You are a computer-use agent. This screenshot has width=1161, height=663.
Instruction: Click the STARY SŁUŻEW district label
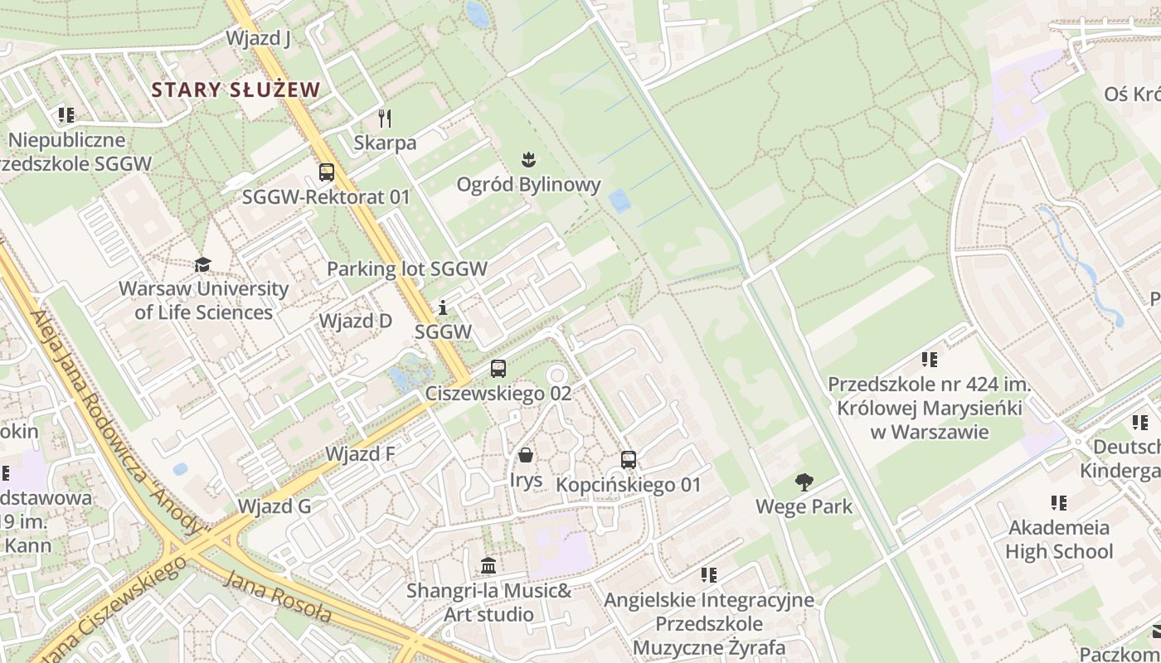236,90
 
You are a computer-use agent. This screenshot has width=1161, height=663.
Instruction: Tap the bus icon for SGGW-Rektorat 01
327,172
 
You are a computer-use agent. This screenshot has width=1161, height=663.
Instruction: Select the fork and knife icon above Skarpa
384,118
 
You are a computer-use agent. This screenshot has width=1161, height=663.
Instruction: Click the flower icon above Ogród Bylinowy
527,159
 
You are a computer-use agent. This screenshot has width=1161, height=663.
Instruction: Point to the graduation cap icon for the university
202,264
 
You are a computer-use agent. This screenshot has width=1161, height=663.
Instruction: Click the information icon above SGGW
443,308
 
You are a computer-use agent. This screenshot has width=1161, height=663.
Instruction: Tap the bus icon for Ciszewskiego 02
498,369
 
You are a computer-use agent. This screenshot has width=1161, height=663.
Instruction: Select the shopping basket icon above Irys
526,455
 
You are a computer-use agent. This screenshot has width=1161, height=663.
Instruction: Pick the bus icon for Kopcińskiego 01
629,460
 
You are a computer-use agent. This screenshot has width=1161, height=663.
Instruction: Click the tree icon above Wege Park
804,482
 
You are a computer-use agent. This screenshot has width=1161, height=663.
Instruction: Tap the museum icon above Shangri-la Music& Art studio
488,566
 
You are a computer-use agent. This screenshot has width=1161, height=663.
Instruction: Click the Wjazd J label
258,38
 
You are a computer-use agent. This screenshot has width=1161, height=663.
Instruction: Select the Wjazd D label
355,321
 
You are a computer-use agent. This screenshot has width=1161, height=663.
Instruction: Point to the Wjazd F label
360,454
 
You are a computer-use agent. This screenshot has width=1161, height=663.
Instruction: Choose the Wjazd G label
274,506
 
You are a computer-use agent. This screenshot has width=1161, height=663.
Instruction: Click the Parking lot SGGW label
406,269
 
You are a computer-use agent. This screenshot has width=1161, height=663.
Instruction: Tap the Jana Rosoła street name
278,598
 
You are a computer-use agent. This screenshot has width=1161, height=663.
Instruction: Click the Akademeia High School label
1058,540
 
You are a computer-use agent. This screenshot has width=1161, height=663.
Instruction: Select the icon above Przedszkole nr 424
929,360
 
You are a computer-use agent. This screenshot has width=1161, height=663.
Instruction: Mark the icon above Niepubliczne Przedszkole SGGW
66,114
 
